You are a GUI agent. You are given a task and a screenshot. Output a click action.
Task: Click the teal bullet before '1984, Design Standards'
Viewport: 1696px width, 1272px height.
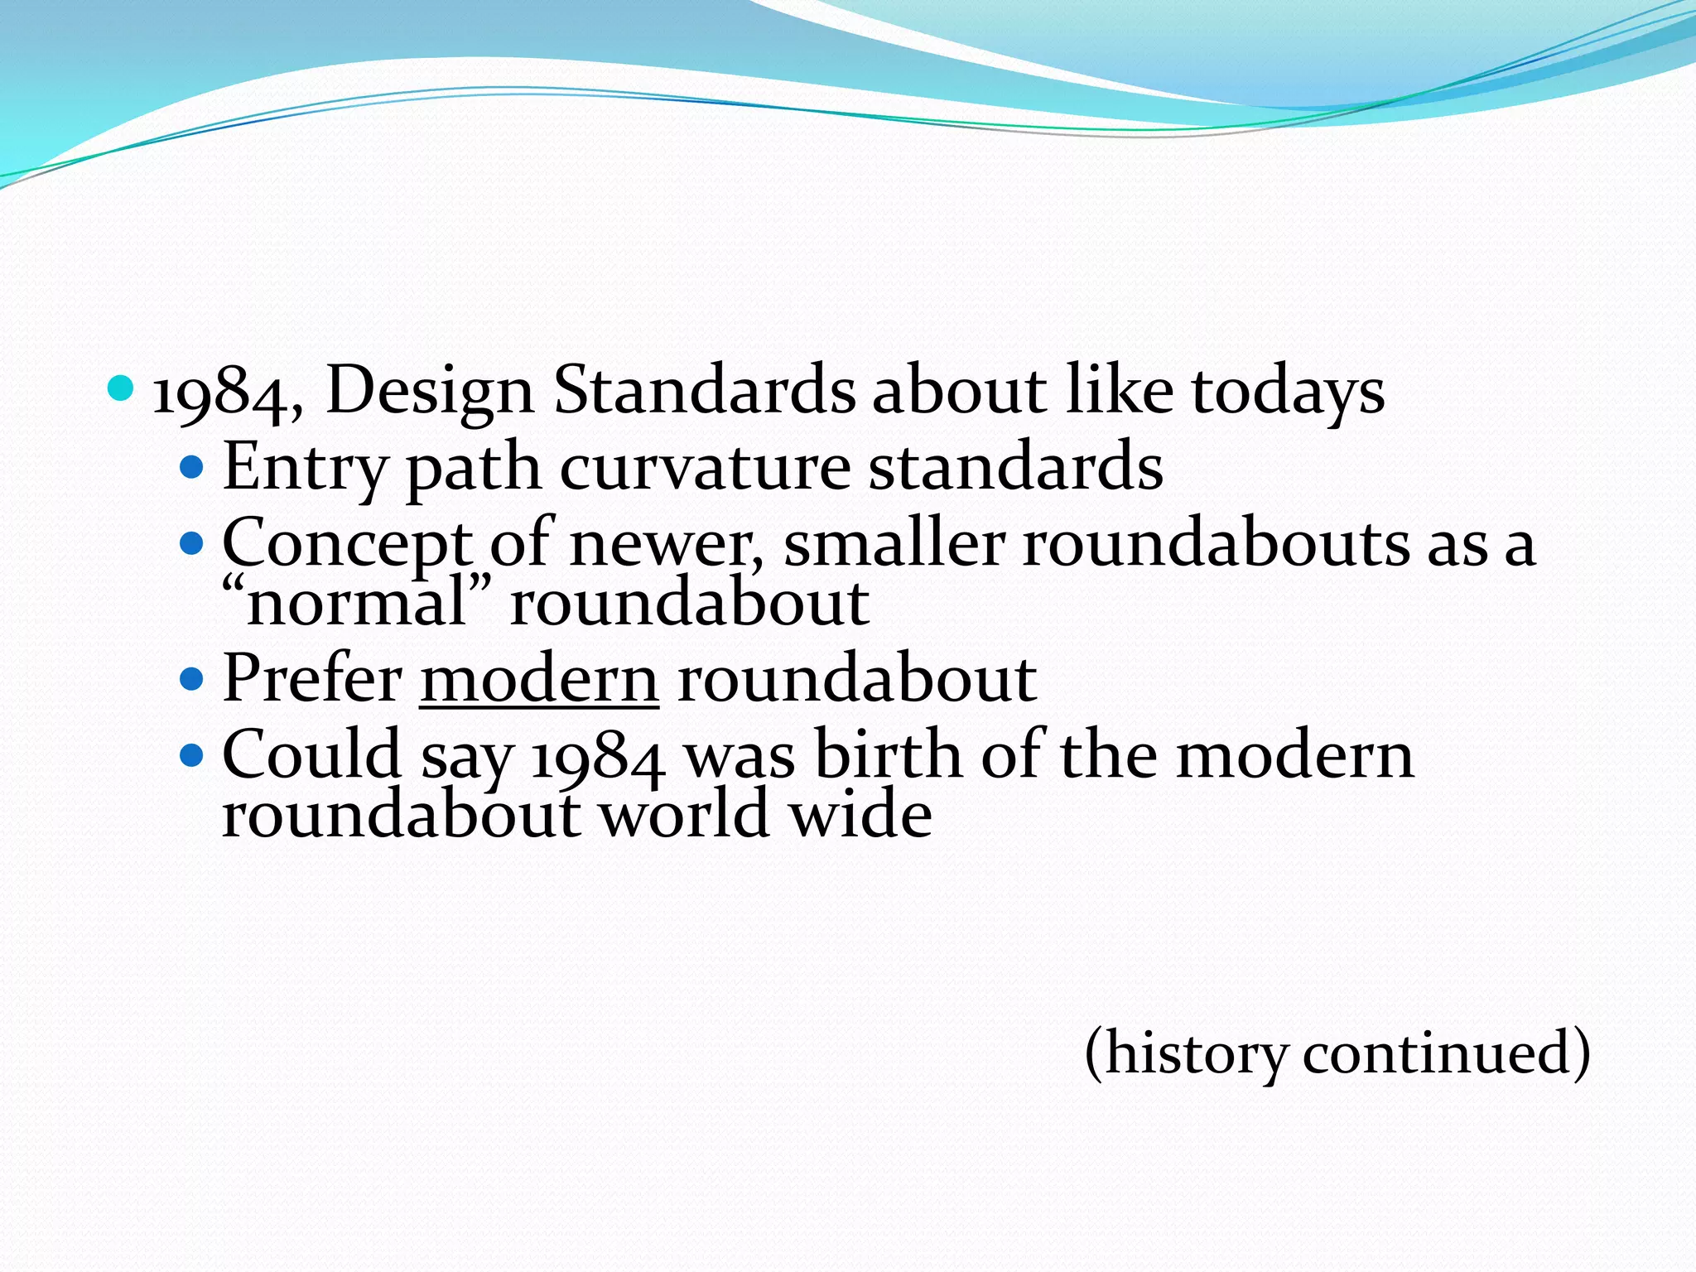click(121, 388)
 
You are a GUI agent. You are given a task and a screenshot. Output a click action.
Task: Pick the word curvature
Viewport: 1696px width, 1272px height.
click(705, 468)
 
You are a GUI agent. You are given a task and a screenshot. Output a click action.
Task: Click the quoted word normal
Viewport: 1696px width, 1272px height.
click(356, 603)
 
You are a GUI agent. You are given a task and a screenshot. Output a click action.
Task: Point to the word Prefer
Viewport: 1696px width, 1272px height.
click(313, 678)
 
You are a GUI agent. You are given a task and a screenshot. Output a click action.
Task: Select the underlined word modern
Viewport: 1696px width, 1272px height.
click(539, 680)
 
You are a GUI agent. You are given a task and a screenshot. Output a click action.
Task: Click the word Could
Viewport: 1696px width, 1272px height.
click(312, 754)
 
